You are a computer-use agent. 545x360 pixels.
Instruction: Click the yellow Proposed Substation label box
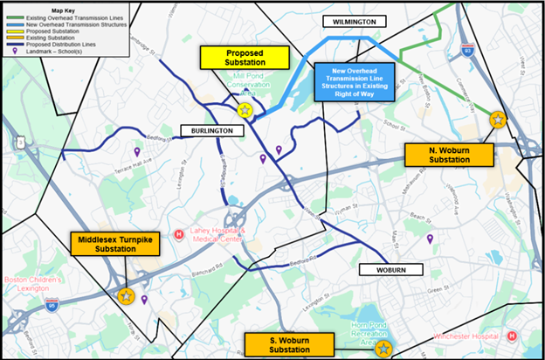[x=245, y=58]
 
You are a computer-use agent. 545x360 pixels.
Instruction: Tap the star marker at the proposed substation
[x=245, y=110]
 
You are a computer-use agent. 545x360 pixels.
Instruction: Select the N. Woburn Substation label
[x=449, y=156]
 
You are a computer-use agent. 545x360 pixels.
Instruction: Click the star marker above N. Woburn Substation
[x=497, y=120]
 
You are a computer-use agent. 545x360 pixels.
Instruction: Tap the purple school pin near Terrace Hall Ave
[x=136, y=152]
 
